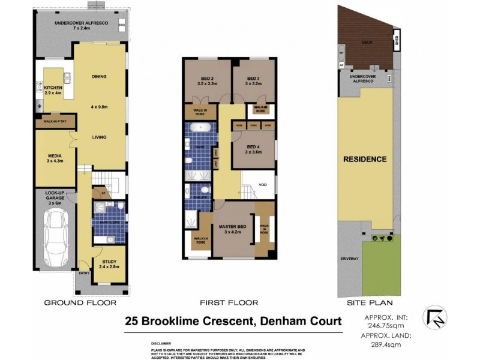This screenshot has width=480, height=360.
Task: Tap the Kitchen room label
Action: point(53,91)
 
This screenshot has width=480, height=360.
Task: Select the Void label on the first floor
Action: point(263,185)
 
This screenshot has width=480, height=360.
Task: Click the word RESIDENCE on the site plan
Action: point(364,160)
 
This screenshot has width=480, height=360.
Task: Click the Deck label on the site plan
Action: point(365,43)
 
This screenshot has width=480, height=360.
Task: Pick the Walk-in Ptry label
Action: point(55,121)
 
